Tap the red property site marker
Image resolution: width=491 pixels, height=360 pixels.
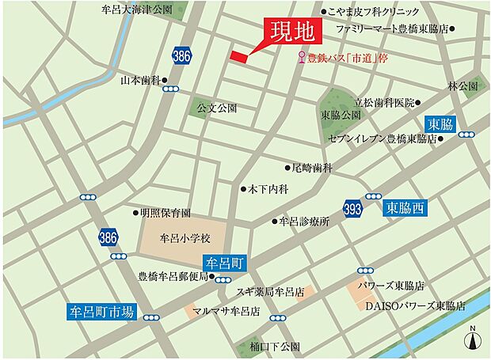(x=239, y=56)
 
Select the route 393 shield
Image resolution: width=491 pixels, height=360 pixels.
(x=354, y=209)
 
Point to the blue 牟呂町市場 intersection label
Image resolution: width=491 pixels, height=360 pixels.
(x=103, y=312)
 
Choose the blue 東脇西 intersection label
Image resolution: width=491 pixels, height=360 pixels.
(x=405, y=209)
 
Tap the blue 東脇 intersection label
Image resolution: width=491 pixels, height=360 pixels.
(x=440, y=124)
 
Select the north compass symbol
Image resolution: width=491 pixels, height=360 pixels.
(x=473, y=339)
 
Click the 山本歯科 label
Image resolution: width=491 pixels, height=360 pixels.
(x=140, y=80)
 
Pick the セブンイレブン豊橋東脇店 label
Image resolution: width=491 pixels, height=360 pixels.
(x=389, y=138)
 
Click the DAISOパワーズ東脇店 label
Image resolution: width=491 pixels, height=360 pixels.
(x=415, y=305)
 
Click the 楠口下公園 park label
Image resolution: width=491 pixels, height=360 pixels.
(x=274, y=347)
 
